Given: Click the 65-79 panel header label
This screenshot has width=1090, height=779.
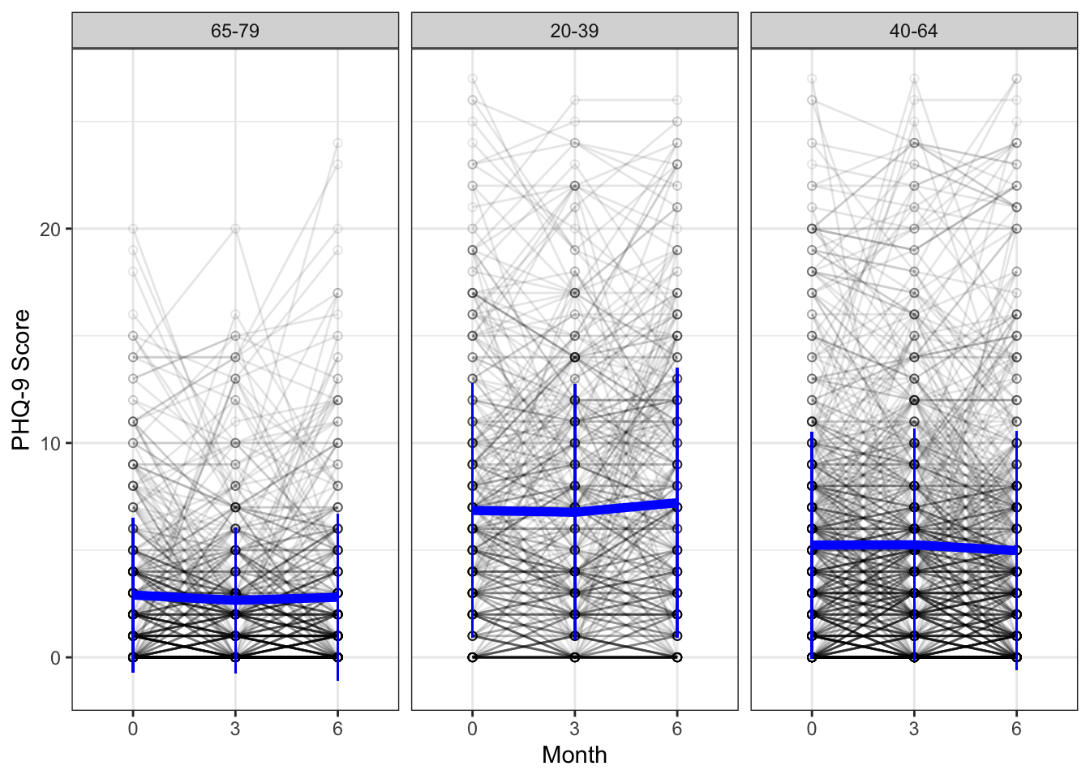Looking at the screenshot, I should (x=235, y=31).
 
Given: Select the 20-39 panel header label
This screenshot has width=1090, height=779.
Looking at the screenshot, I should (x=574, y=31).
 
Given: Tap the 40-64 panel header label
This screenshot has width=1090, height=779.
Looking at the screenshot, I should (x=913, y=31).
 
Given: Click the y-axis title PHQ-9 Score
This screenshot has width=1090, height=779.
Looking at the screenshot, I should (x=21, y=380).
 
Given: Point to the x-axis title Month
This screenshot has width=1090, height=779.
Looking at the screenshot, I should (x=574, y=755).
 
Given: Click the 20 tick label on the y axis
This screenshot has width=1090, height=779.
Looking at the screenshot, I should (x=50, y=229).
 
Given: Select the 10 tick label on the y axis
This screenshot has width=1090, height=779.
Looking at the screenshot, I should (x=50, y=443).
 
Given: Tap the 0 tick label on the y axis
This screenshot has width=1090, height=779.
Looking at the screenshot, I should (x=55, y=657).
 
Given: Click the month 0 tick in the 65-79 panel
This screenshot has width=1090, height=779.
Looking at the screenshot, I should (x=133, y=729).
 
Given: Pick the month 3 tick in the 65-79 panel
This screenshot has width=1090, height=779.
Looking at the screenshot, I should (x=235, y=729).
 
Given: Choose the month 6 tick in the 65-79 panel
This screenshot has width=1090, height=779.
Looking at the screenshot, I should (x=337, y=729).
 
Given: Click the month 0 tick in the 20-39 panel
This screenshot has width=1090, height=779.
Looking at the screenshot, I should (x=472, y=729).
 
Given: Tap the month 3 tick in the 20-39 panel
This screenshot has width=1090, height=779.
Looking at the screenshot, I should (x=574, y=729).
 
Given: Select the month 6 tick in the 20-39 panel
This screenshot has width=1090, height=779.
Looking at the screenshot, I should (x=676, y=729).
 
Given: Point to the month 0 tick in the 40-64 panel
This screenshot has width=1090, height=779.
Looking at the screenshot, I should (x=811, y=729).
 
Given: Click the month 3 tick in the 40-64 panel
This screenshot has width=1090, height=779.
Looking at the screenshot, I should (x=914, y=729).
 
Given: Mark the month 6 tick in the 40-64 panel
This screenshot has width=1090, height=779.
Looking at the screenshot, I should (x=1016, y=729).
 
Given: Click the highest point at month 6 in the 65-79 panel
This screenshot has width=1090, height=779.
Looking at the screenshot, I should (x=337, y=143).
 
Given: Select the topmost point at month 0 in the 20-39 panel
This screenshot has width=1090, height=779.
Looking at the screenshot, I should (x=472, y=79).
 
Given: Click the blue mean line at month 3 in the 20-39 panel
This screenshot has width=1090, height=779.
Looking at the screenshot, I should (x=574, y=512).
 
